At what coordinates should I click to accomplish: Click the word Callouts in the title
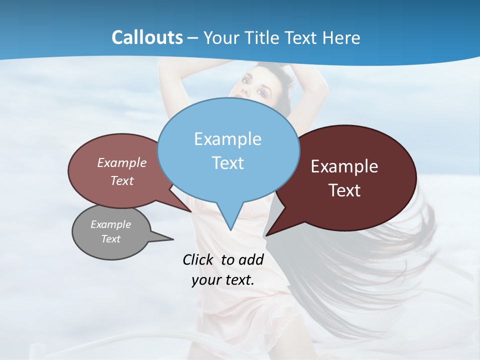coord(147,38)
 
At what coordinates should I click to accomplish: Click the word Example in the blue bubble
coord(227,139)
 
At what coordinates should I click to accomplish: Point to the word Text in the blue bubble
coord(227,163)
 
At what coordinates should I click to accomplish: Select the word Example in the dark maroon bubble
coord(344,166)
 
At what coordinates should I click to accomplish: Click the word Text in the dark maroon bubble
coord(344,190)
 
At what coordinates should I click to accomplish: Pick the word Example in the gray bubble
coord(110,224)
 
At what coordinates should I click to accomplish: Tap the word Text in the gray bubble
coord(111,239)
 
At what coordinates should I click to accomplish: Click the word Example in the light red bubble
coord(121,163)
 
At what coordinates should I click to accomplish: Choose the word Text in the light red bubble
coord(122,180)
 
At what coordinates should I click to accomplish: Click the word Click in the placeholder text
coord(197,259)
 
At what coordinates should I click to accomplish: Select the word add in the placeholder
coord(251,259)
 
